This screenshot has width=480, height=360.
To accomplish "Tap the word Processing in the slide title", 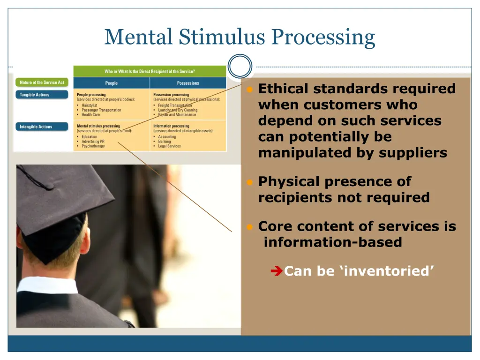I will click(x=323, y=37).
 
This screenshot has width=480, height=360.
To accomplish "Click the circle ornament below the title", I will click(x=240, y=66).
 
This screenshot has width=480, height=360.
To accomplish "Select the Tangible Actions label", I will click(x=34, y=95).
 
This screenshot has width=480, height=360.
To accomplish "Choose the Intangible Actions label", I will click(x=36, y=127).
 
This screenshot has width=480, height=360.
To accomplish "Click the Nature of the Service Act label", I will click(x=42, y=82).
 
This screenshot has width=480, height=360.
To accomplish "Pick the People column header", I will click(x=112, y=83).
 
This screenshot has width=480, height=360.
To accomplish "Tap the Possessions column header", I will click(x=188, y=83).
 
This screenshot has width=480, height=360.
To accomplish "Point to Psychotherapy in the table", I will click(x=93, y=146).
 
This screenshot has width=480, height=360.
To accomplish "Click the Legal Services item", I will click(x=169, y=146).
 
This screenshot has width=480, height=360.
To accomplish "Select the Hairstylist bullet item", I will click(x=90, y=105).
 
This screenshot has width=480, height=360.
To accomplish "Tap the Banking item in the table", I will click(x=165, y=142).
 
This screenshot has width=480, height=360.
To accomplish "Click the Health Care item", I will click(x=90, y=115).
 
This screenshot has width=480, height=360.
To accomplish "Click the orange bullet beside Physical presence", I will click(x=250, y=182).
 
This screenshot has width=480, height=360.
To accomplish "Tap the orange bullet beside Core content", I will click(x=250, y=227).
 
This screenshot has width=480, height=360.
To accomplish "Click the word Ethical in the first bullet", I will click(x=284, y=89).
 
